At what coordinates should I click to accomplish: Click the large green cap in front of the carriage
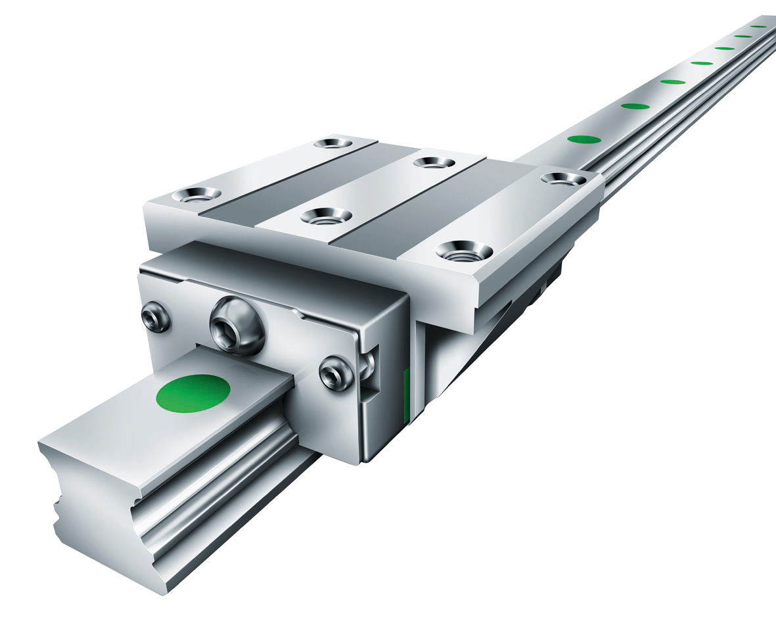[x=193, y=393]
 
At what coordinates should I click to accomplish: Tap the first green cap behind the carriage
[x=583, y=139]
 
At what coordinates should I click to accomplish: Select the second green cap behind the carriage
[x=635, y=106]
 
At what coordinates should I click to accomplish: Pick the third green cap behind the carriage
[x=672, y=82]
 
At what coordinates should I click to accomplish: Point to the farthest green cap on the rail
[x=759, y=26]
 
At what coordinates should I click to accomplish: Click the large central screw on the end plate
[x=237, y=323]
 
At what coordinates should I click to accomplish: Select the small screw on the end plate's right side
[x=336, y=375]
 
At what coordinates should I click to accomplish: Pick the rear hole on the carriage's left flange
[x=332, y=143]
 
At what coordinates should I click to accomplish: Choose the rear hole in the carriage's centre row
[x=434, y=162]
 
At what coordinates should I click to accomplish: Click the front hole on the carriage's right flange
[x=464, y=250]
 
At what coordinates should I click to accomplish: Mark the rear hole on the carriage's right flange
[x=563, y=178]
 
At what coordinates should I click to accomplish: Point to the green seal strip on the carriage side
[x=406, y=394]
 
